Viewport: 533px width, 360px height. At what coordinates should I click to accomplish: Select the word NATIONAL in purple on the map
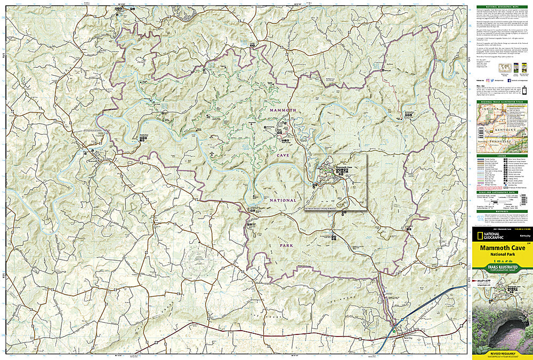[x=282, y=200]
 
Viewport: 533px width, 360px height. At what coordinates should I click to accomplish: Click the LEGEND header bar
[x=502, y=156]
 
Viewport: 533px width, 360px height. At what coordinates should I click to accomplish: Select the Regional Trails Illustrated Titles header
[x=502, y=102]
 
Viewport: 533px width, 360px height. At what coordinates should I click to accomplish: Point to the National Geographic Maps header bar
[x=502, y=7]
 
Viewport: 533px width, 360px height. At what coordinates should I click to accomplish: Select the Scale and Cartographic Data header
[x=502, y=193]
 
